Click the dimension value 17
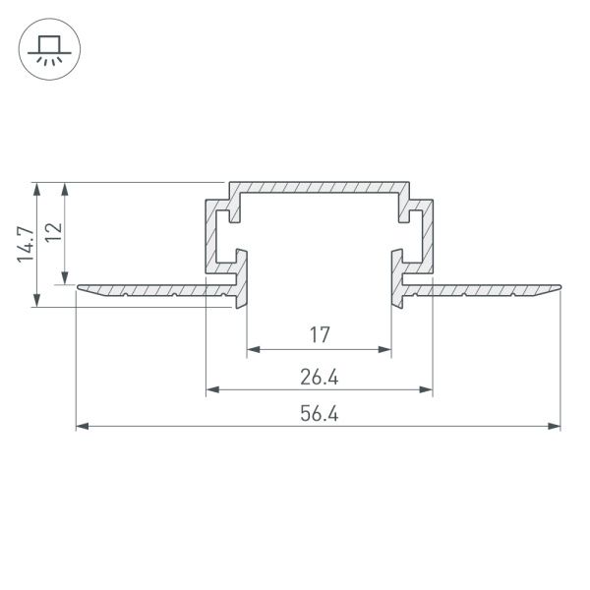pos(319,335)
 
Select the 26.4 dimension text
pos(319,378)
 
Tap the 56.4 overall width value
pos(319,414)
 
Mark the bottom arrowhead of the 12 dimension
pos(65,277)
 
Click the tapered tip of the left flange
pos(81,288)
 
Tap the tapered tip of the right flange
pos(557,288)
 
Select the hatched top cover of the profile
pos(319,187)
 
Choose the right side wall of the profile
pos(428,236)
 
